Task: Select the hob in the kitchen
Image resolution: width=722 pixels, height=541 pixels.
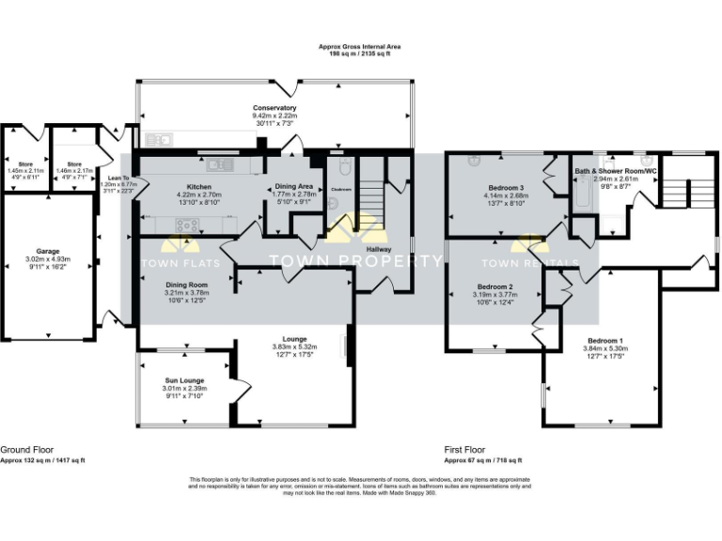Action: [x=187, y=224]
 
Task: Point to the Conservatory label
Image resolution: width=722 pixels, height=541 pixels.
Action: [x=274, y=108]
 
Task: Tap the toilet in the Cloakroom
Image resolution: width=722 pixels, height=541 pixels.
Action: [x=345, y=169]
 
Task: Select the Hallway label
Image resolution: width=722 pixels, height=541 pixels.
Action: [x=378, y=249]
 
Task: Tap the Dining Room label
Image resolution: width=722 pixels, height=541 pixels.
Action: [x=186, y=284]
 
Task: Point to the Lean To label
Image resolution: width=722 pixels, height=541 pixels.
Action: [x=118, y=178]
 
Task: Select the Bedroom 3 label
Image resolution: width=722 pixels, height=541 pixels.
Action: [x=507, y=188]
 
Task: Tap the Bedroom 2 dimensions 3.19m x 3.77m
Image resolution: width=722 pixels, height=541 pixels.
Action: [x=495, y=294]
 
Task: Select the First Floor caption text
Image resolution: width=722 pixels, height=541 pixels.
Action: [x=464, y=450]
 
